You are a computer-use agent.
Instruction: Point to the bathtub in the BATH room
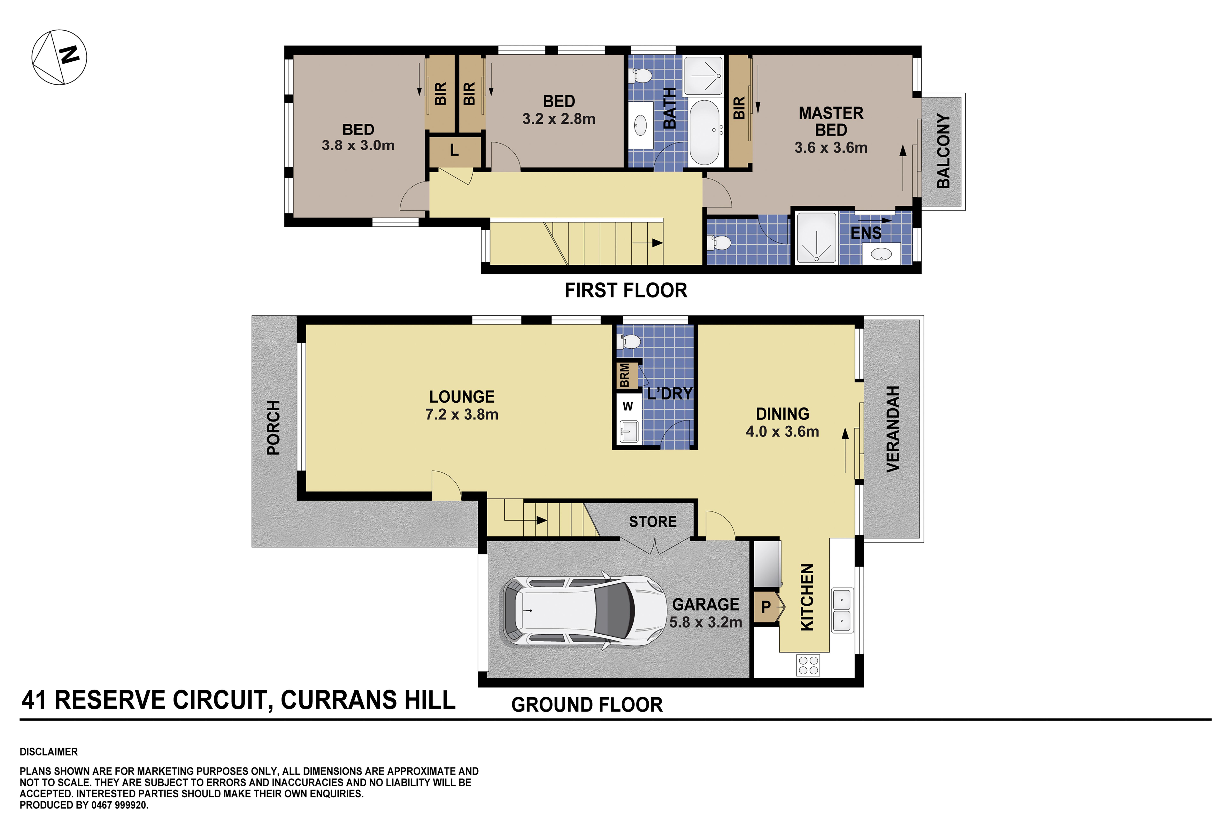(704, 132)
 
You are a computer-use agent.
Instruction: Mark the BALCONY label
(943, 151)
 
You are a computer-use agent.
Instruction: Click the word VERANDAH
(893, 429)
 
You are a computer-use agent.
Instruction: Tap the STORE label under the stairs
(652, 521)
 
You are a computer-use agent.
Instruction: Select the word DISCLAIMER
(49, 752)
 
